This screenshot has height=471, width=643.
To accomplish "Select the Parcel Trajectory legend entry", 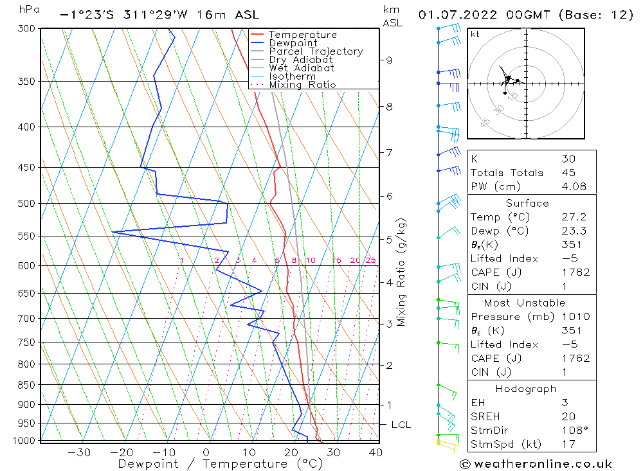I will pyautogui.click(x=315, y=51).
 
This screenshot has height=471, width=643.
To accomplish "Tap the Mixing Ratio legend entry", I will pyautogui.click(x=302, y=85).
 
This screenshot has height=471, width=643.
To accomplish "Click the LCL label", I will pyautogui.click(x=401, y=425).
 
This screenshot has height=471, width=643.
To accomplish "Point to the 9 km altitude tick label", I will pyautogui.click(x=389, y=60).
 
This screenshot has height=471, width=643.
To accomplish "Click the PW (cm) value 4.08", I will pyautogui.click(x=568, y=186).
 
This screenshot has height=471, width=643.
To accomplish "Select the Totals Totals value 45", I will pyautogui.click(x=568, y=172).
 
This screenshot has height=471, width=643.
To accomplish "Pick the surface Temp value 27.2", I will pyautogui.click(x=574, y=217).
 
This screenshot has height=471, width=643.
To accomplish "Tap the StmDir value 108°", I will pyautogui.click(x=571, y=430).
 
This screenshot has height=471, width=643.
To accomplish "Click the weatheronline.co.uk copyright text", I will pyautogui.click(x=536, y=463).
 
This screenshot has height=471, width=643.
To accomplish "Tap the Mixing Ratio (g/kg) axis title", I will pyautogui.click(x=402, y=271).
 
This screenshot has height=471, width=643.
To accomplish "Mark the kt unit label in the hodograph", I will pyautogui.click(x=475, y=33).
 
